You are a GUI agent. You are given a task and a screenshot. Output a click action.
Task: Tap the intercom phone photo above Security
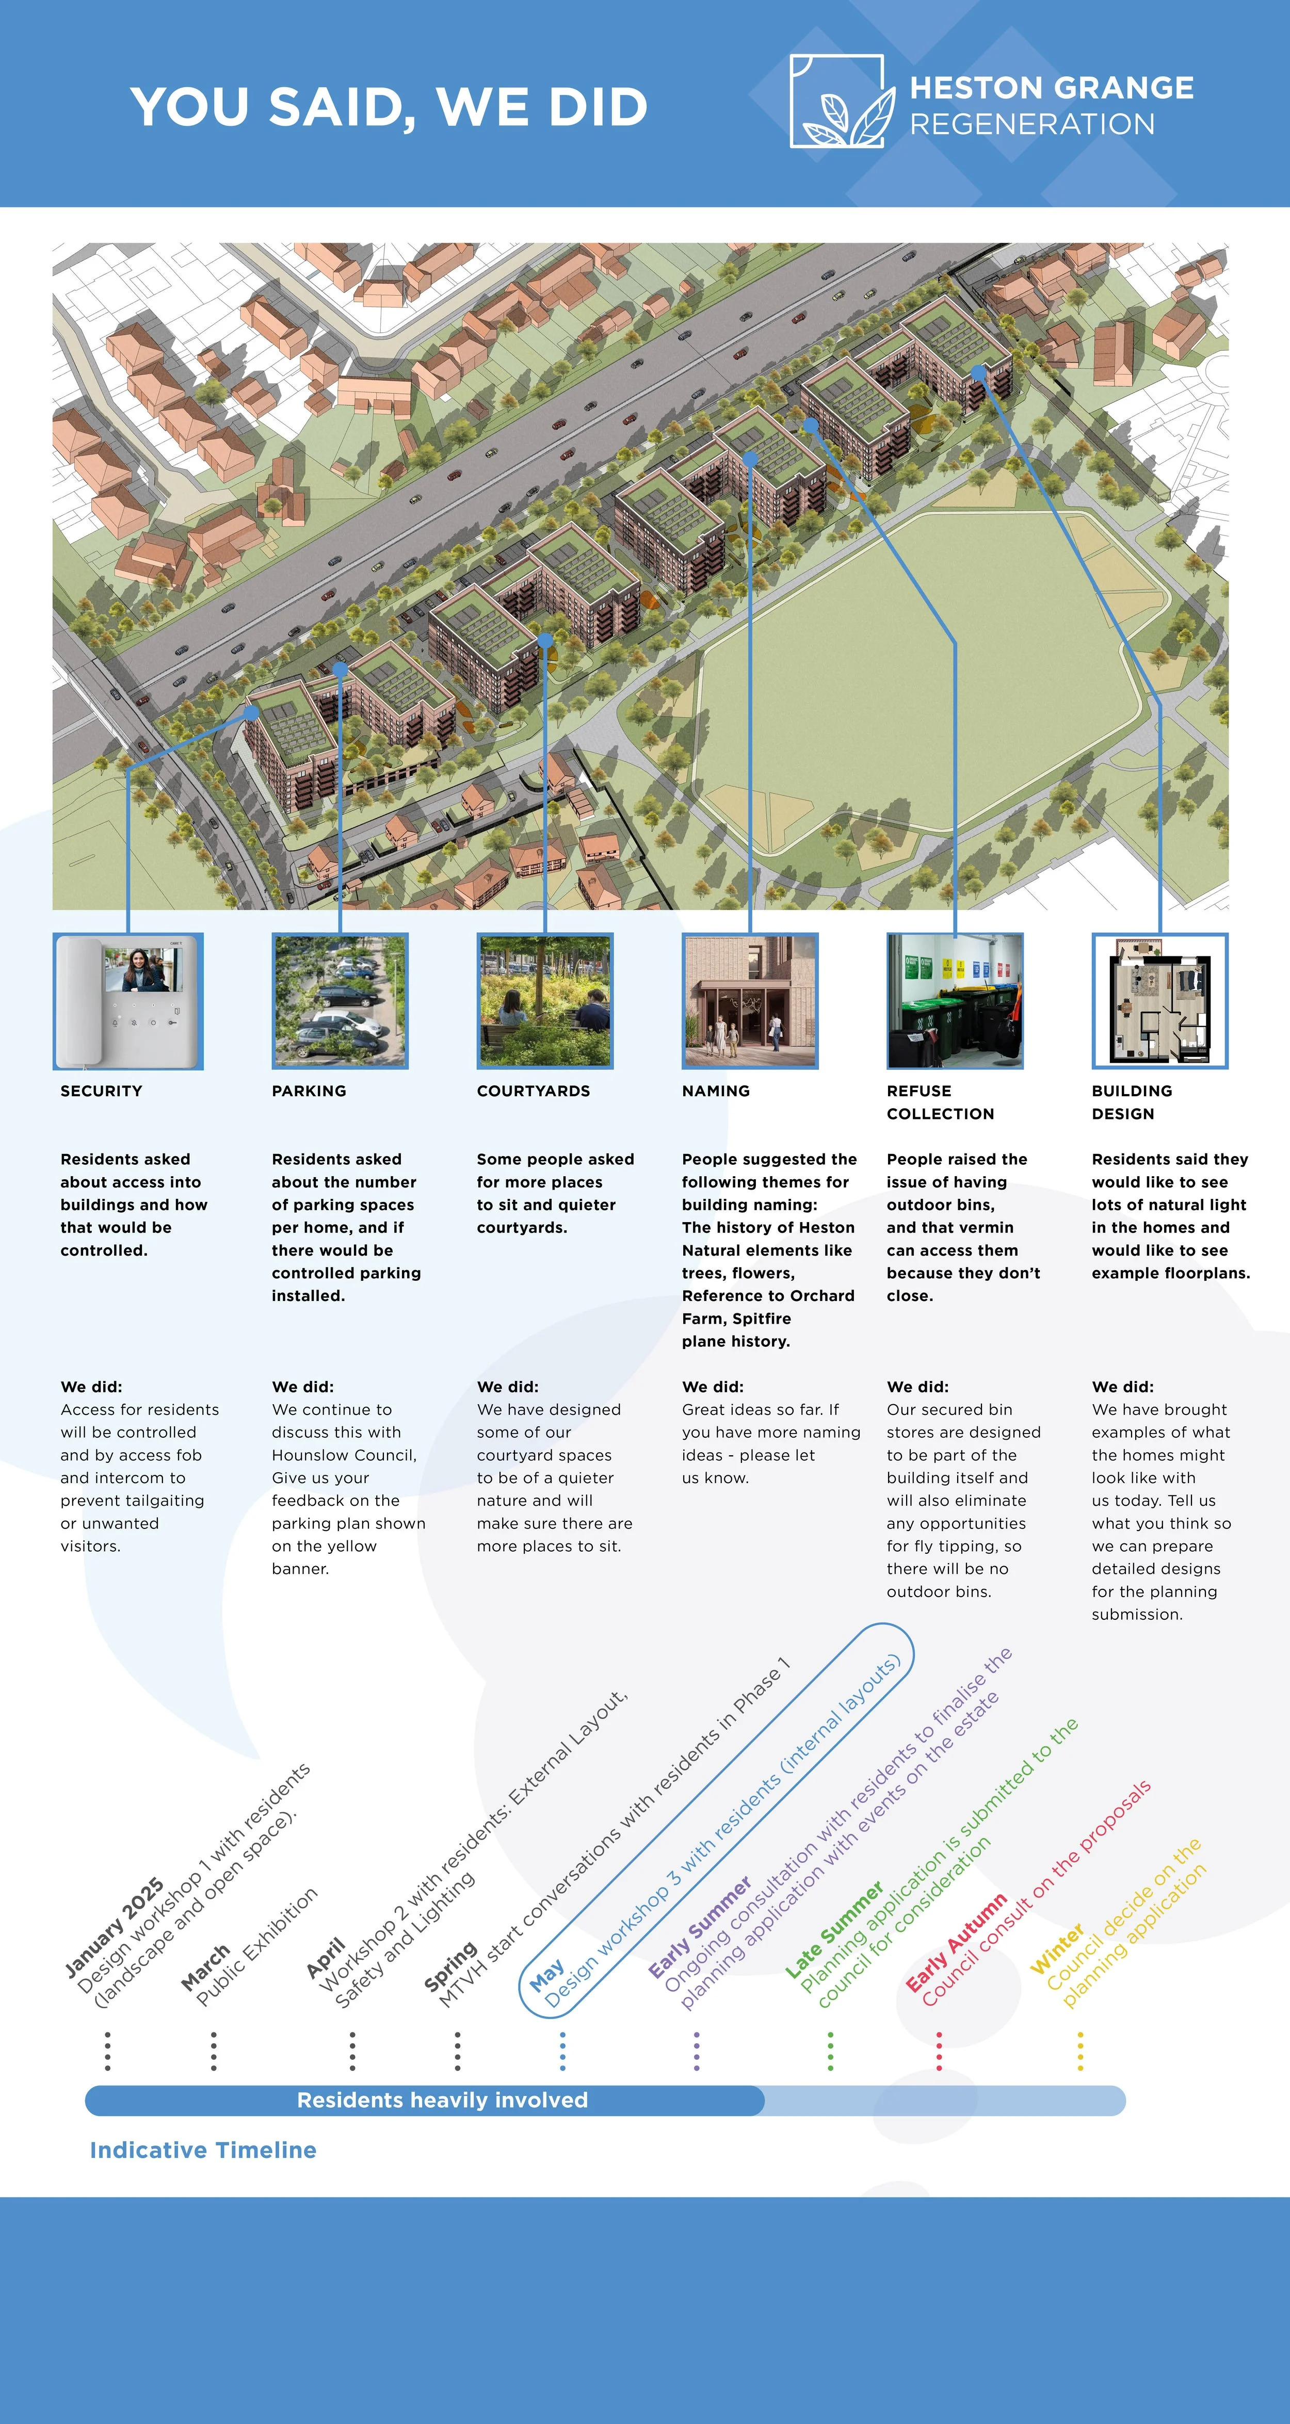(x=128, y=1001)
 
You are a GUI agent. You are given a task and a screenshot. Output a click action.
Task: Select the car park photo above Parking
(x=340, y=1001)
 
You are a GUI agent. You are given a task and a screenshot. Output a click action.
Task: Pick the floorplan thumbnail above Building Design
(x=1159, y=1001)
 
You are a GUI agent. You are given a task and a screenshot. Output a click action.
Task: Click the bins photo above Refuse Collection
(x=954, y=1001)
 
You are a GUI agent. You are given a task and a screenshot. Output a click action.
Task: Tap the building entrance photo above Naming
(x=750, y=1001)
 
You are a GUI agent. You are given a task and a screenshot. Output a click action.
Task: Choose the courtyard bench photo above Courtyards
(x=545, y=1001)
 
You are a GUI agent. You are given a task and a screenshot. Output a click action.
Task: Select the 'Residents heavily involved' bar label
(x=442, y=2100)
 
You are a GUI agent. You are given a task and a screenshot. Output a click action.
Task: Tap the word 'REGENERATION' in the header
(x=1032, y=124)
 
